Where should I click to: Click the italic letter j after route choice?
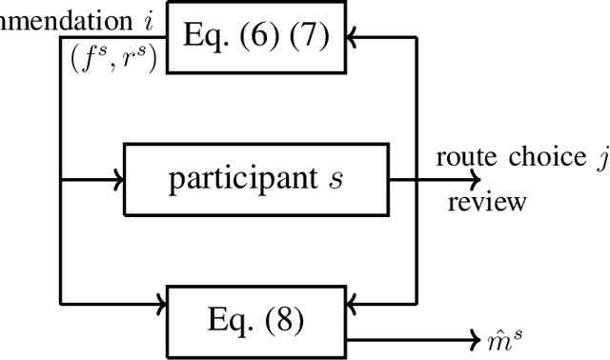pyautogui.click(x=600, y=159)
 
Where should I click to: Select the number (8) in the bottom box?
pyautogui.click(x=281, y=321)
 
